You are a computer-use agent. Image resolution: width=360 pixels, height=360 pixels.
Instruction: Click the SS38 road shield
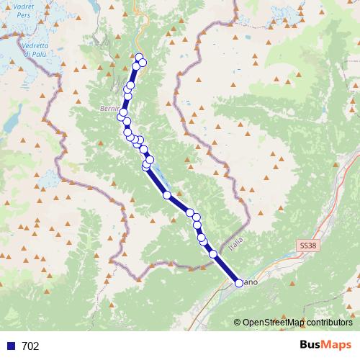coord(307,246)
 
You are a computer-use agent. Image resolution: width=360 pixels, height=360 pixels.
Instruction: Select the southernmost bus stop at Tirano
coord(239,283)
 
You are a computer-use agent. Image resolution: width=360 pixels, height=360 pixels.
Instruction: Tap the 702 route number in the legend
coord(31,346)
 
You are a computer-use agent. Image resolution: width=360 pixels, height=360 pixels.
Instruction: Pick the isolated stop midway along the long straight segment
coord(167,194)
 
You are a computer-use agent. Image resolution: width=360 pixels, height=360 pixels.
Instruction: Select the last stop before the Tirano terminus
coord(213,253)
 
